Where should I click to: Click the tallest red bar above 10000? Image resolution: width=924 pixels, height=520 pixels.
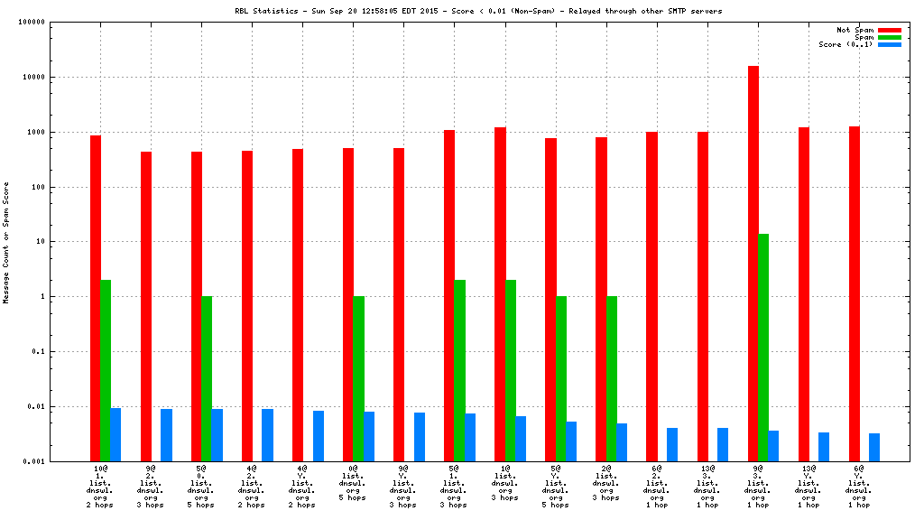pos(753,262)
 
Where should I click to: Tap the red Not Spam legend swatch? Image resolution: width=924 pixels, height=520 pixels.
pos(889,30)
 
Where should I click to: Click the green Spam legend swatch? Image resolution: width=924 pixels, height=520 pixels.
pos(889,37)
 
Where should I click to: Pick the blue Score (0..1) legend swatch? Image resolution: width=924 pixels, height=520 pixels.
pos(889,44)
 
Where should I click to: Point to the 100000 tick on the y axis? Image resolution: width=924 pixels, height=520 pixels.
pos(58,23)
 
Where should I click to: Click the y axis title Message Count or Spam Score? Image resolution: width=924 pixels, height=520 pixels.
pos(6,242)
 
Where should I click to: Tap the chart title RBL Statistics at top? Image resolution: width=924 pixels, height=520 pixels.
pos(478,11)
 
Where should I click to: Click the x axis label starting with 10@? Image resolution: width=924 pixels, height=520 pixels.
pos(100,487)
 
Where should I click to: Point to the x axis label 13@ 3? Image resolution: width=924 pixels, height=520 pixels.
pos(707,487)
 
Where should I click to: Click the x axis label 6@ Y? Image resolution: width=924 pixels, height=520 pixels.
pos(859,487)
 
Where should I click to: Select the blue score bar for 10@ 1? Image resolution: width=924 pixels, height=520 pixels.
pos(115,434)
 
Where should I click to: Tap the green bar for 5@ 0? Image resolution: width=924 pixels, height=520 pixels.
pos(207,378)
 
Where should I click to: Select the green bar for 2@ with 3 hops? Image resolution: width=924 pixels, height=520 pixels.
pos(611,378)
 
